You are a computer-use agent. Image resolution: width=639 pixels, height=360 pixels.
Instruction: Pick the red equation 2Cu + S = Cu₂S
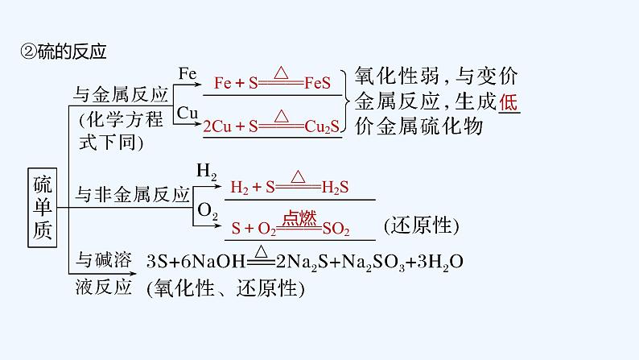click(272, 126)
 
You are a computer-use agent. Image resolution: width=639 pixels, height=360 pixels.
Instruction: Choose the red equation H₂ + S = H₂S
click(289, 188)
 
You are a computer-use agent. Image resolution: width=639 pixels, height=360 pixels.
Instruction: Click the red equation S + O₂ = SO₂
click(291, 230)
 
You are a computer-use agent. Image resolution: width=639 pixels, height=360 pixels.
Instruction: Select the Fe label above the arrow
click(187, 73)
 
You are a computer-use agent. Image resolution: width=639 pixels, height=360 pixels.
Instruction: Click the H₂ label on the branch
click(206, 172)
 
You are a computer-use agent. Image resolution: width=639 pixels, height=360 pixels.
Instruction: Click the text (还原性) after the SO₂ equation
click(420, 226)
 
